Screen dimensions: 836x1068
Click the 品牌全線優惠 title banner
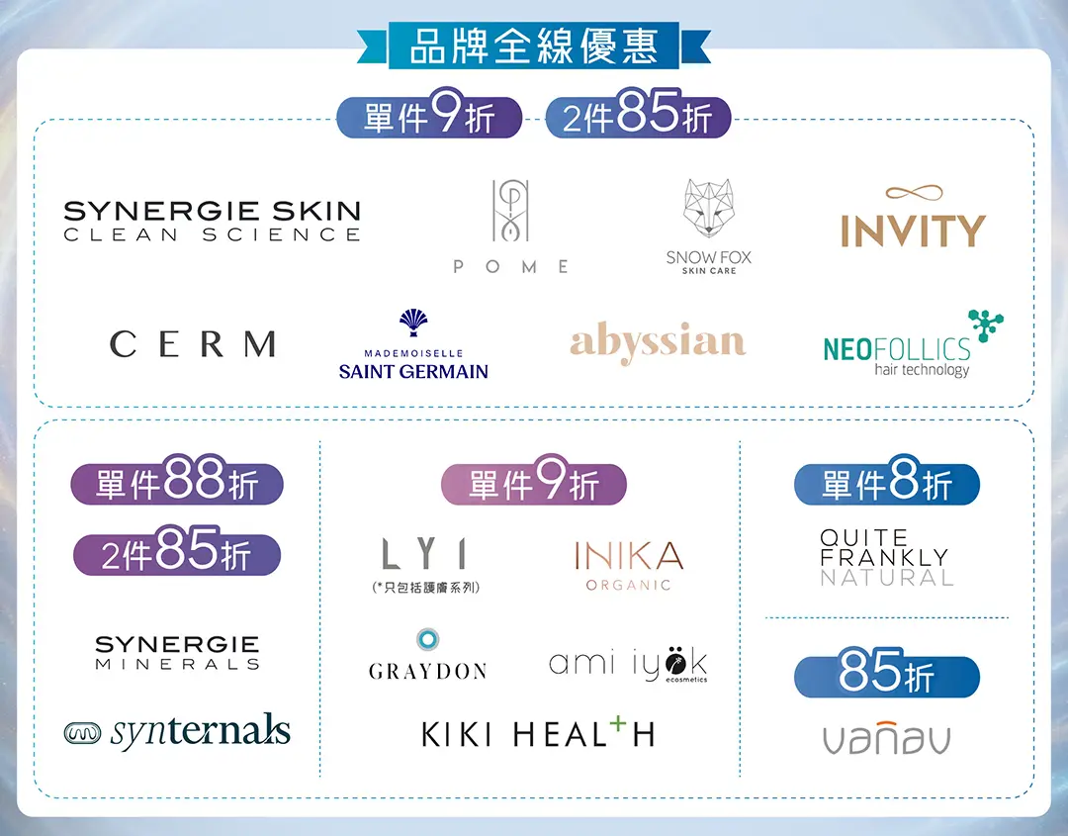(534, 47)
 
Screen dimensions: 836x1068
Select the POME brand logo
(511, 227)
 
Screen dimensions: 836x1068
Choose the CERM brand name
(193, 344)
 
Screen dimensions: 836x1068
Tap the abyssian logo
(658, 342)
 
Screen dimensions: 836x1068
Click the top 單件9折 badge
(429, 118)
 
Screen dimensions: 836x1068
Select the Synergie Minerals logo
(178, 653)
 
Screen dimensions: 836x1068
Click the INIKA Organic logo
(628, 564)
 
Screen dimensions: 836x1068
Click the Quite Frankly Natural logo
(886, 557)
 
